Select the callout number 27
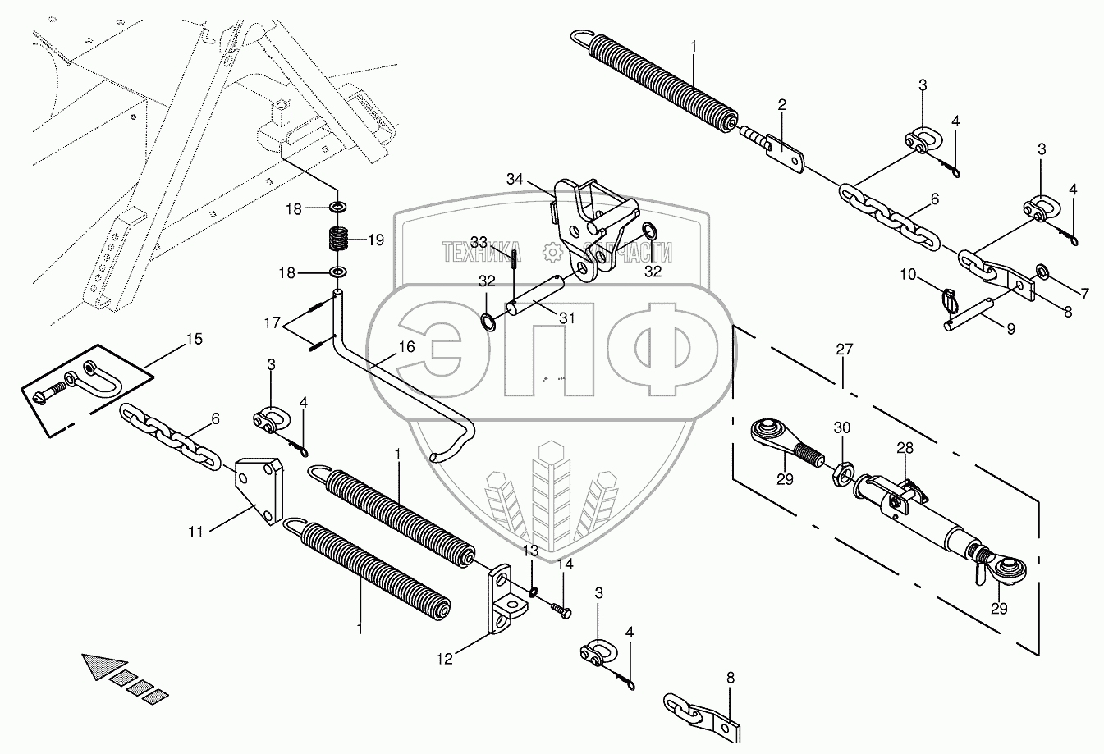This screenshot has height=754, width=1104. (845, 350)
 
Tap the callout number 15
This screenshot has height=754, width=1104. (194, 338)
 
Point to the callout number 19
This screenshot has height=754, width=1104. (375, 240)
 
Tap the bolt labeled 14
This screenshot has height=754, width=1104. (560, 610)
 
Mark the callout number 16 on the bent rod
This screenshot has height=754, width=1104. (406, 347)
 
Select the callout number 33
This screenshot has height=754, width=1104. (479, 242)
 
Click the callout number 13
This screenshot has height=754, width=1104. (531, 550)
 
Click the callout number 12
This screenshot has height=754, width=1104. (444, 658)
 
